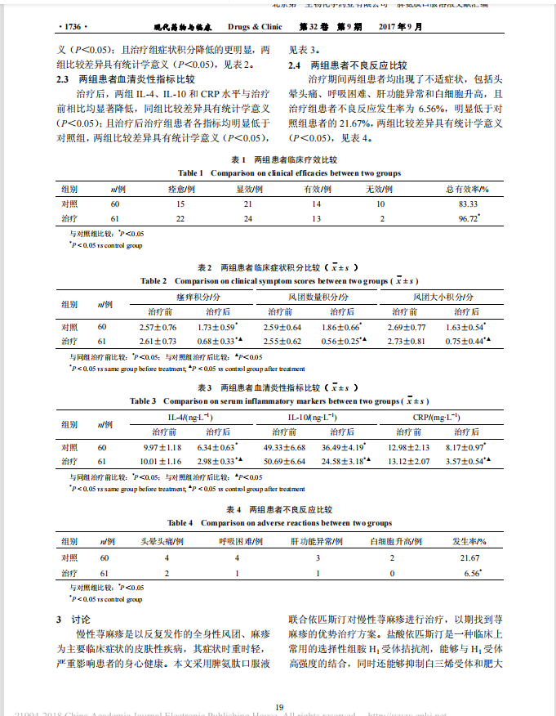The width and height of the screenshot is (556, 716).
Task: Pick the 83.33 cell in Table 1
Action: (x=467, y=203)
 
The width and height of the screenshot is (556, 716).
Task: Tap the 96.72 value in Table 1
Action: (x=467, y=219)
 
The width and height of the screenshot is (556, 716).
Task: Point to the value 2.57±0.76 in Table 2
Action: (x=158, y=327)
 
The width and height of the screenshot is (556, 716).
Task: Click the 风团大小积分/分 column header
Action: (x=444, y=298)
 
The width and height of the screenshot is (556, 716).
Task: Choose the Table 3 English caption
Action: (x=278, y=401)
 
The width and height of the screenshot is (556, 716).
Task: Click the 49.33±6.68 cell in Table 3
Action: (x=284, y=447)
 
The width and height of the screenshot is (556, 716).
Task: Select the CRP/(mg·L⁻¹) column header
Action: (x=436, y=418)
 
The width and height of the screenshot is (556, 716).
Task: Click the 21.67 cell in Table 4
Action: (x=469, y=557)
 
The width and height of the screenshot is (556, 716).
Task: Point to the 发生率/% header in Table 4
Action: (x=469, y=541)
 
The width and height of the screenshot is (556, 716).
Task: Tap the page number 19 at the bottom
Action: (x=278, y=685)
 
